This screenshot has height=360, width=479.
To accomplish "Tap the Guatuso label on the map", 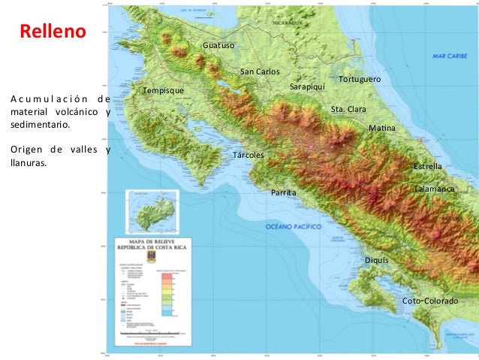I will [218, 46].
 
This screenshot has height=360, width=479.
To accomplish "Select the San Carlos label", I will [260, 71].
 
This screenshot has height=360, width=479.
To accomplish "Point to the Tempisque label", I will [163, 91].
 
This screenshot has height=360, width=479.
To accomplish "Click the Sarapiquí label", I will [307, 87].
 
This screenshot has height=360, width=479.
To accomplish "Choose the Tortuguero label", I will [360, 79].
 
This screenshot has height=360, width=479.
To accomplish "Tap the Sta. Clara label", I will [348, 110].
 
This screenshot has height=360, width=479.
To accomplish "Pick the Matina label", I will [381, 129].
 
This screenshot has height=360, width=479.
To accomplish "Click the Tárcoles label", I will [249, 155].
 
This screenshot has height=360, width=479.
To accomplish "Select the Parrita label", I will [284, 193].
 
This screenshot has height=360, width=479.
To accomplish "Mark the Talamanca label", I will [435, 189].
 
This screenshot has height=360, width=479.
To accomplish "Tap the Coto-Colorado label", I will [430, 301].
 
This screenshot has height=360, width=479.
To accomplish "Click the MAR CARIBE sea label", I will [450, 56].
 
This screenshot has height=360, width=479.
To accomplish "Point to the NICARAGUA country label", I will [288, 23].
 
